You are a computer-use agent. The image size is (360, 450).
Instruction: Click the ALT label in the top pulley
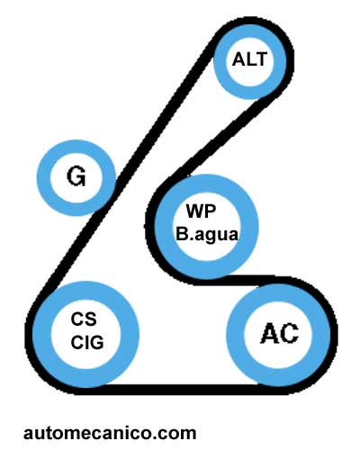pos(249,59)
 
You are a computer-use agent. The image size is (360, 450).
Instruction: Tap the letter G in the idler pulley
pos(76,176)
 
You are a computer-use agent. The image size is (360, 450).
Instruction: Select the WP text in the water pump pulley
pos(201,211)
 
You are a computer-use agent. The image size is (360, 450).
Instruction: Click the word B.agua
pos(207,234)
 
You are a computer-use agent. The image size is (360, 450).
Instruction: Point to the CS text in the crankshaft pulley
pos(84,319)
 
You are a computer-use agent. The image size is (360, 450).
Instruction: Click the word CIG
pos(87,342)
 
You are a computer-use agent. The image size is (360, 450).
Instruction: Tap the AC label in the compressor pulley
pos(279,333)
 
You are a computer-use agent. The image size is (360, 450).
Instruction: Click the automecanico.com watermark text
pos(110,433)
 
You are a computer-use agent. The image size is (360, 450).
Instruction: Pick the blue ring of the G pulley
pos(44,177)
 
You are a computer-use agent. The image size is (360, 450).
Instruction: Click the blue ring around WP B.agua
pos(164,227)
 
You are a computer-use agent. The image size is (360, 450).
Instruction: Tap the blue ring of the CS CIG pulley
pos(42,335)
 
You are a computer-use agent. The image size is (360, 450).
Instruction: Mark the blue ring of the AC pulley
pos(236,335)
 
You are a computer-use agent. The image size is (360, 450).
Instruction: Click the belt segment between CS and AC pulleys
pos(180,389)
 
